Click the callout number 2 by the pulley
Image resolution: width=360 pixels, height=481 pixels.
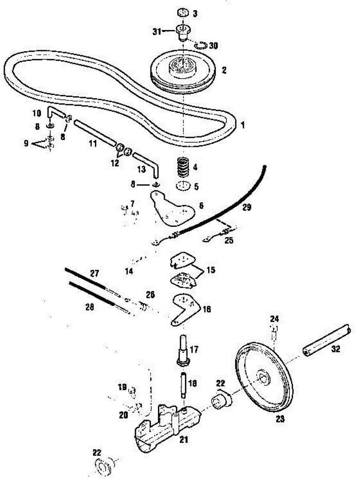pos(224,71)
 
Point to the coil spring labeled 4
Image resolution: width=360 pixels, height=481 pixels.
pos(184,167)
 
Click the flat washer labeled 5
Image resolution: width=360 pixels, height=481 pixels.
pos(183,187)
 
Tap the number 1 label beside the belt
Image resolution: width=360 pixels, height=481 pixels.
pos(242,125)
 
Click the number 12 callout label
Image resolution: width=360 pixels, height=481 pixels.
pos(115,163)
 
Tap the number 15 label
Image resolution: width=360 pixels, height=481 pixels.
pos(211,270)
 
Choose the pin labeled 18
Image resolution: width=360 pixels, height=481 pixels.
pos(184,384)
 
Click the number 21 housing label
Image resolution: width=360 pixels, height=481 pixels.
pos(184,440)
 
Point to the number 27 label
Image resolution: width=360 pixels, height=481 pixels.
pos(94,274)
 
